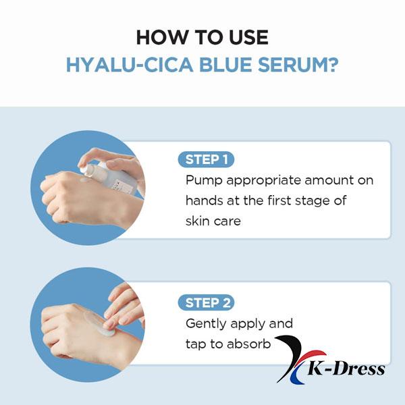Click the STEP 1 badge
(206, 159)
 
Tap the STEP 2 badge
(206, 302)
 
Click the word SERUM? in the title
(298, 65)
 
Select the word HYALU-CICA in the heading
(130, 65)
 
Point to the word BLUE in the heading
(225, 65)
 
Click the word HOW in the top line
(160, 37)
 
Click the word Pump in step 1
(204, 180)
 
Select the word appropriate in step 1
(263, 181)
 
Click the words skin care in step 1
(213, 221)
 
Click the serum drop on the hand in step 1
(85, 180)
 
